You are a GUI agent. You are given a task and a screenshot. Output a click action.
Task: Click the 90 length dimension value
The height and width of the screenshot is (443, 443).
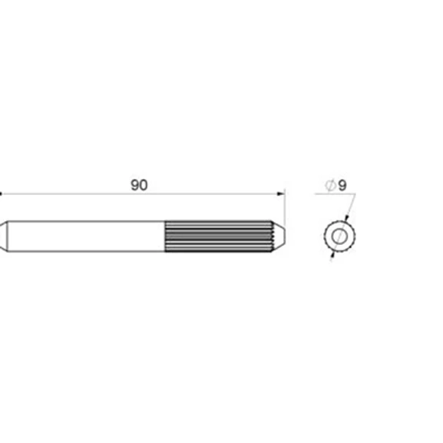coord(139,185)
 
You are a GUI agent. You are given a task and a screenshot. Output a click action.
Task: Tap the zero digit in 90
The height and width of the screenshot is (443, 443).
coord(144,185)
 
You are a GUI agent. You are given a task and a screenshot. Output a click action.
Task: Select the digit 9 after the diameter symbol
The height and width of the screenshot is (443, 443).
coord(342,185)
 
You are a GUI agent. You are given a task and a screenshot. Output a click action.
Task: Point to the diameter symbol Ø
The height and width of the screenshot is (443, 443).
coord(331,185)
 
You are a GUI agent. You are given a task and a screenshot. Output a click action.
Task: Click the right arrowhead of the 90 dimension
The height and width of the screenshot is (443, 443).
coord(281,193)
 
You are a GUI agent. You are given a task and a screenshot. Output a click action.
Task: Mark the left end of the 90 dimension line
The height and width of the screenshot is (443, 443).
coord(0,193)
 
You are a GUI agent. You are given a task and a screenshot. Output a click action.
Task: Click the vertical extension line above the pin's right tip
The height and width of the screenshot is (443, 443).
coord(285,208)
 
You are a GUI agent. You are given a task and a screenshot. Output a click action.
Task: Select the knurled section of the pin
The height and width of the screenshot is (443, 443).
coord(218,236)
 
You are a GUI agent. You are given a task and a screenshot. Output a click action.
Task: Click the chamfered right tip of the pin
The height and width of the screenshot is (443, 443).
coord(279,236)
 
